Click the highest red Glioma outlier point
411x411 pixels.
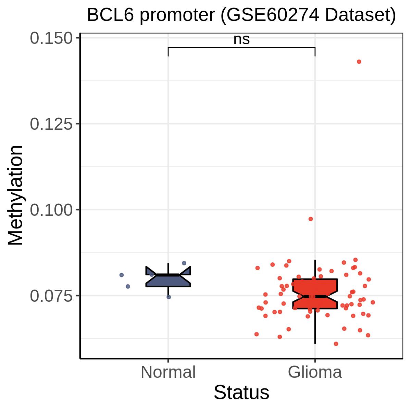click(x=359, y=62)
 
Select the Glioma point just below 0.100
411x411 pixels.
click(x=311, y=219)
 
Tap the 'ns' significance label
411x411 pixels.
click(x=241, y=39)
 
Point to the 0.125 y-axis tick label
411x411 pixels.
click(x=51, y=124)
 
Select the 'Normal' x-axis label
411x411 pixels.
click(x=168, y=372)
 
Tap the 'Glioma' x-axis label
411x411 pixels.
click(x=315, y=372)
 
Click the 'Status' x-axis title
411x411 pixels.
click(x=241, y=393)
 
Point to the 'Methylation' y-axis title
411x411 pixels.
click(x=15, y=195)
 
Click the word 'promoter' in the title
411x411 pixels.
click(x=177, y=16)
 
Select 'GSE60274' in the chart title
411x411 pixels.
click(x=273, y=15)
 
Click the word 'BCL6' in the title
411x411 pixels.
click(x=110, y=15)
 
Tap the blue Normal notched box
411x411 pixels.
click(x=168, y=276)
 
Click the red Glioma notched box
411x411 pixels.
click(x=315, y=294)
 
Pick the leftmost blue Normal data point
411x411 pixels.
click(x=122, y=275)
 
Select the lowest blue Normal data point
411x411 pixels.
click(x=169, y=297)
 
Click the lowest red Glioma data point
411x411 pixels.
click(x=336, y=344)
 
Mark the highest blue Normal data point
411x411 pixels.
click(x=184, y=263)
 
